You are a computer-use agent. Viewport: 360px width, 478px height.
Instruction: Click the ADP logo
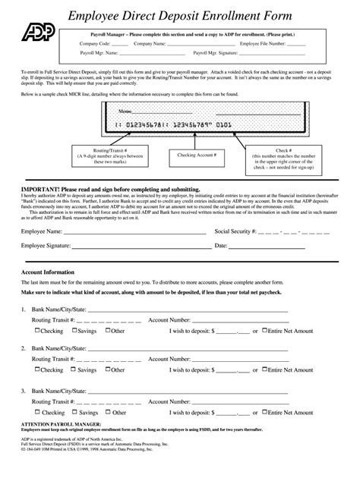[x=34, y=28]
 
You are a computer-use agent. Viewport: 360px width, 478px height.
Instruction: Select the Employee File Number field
[x=296, y=44]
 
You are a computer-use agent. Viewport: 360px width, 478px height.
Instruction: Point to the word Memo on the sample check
[x=123, y=110]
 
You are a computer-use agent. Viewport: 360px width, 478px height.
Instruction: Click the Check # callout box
[x=289, y=161]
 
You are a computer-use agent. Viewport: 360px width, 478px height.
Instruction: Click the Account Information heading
[x=47, y=272]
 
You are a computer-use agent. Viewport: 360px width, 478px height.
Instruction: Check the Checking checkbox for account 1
[x=38, y=330]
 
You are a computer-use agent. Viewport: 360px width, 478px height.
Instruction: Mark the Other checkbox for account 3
[x=109, y=409]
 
